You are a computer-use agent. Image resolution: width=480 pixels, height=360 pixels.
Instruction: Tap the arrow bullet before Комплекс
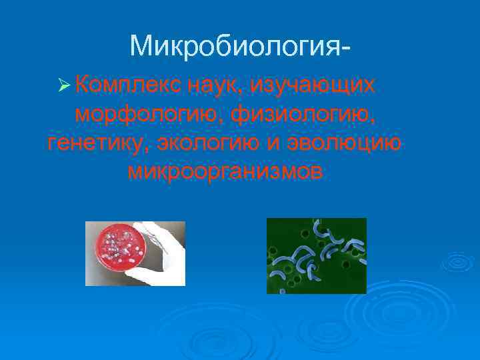[x=64, y=86]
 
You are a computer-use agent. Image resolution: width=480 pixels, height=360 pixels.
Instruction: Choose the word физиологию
[x=303, y=115]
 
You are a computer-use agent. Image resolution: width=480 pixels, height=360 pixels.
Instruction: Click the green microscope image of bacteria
[x=316, y=255]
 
